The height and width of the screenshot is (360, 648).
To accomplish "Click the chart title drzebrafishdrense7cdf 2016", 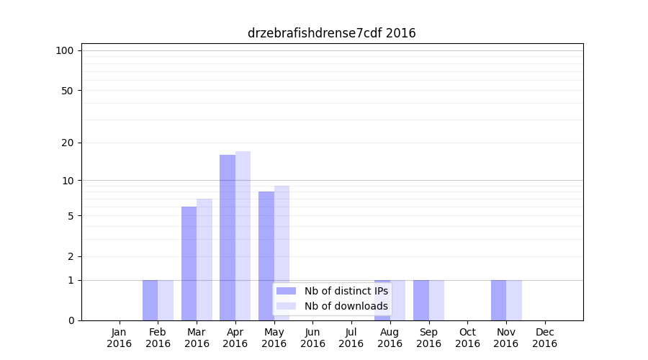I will (331, 33).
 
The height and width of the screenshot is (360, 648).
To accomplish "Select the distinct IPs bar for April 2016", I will (228, 238).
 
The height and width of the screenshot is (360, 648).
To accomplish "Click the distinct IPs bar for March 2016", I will (189, 264).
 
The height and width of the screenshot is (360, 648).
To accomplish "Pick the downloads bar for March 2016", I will (204, 259).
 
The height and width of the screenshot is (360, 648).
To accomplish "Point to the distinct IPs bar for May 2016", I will (266, 256).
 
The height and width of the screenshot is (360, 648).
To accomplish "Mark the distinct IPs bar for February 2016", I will (150, 300).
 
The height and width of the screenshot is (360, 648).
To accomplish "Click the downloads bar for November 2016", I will (514, 300).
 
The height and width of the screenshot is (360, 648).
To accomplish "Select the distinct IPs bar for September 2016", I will (421, 300).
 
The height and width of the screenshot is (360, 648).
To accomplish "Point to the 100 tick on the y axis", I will (65, 50).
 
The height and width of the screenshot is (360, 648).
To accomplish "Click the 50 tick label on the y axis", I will (67, 91).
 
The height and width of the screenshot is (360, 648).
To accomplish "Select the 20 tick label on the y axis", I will (67, 143).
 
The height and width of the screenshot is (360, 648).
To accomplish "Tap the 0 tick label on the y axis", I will (71, 320).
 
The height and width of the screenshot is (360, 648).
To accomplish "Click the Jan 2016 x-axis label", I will (120, 338).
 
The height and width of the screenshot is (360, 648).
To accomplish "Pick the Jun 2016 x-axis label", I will (312, 338).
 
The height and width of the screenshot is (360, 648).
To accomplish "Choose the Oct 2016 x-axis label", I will (467, 338).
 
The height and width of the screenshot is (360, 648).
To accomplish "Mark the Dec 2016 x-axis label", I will (544, 338).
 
